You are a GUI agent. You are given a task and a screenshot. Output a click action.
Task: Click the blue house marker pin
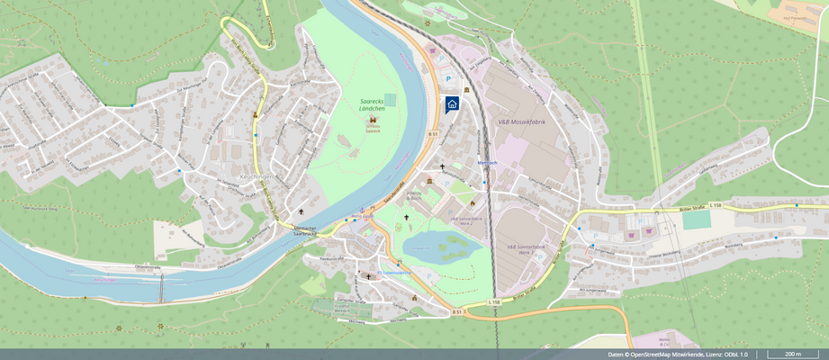click(x=452, y=103)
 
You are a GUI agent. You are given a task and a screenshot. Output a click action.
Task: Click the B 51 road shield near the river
click(x=433, y=134)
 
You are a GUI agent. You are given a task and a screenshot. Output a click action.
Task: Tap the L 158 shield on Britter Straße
click(x=716, y=207)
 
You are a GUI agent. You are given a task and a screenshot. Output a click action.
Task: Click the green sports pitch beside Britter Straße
click(x=696, y=219)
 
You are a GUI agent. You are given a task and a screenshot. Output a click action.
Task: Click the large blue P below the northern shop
click(x=450, y=78)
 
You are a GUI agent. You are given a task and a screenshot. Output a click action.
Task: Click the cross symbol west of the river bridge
click(x=301, y=212)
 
